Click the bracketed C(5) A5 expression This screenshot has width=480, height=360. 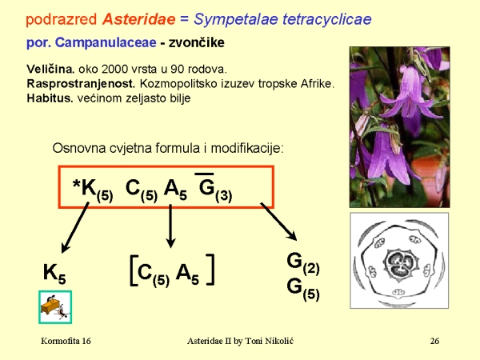pyautogui.click(x=170, y=272)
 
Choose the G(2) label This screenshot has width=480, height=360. pyautogui.click(x=302, y=262)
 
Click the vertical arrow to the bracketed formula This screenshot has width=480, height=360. pyautogui.click(x=170, y=225)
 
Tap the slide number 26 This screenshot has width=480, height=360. pyautogui.click(x=434, y=342)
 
